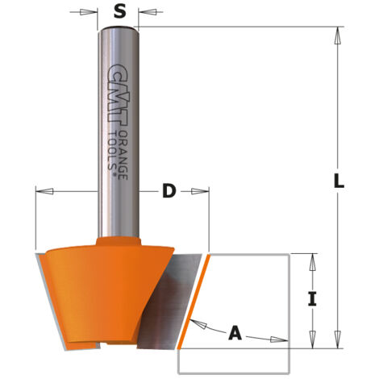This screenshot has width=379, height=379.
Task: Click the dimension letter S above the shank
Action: [119, 11]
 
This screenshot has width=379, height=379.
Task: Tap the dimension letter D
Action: [169, 191]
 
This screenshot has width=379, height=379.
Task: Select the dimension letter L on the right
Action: [339, 181]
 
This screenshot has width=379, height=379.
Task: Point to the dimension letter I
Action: [312, 299]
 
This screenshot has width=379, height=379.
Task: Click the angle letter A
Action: [235, 332]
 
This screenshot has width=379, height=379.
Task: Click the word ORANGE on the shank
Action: [123, 156]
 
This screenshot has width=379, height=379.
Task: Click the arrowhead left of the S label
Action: [88, 12]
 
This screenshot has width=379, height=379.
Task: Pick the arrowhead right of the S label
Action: [147, 12]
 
